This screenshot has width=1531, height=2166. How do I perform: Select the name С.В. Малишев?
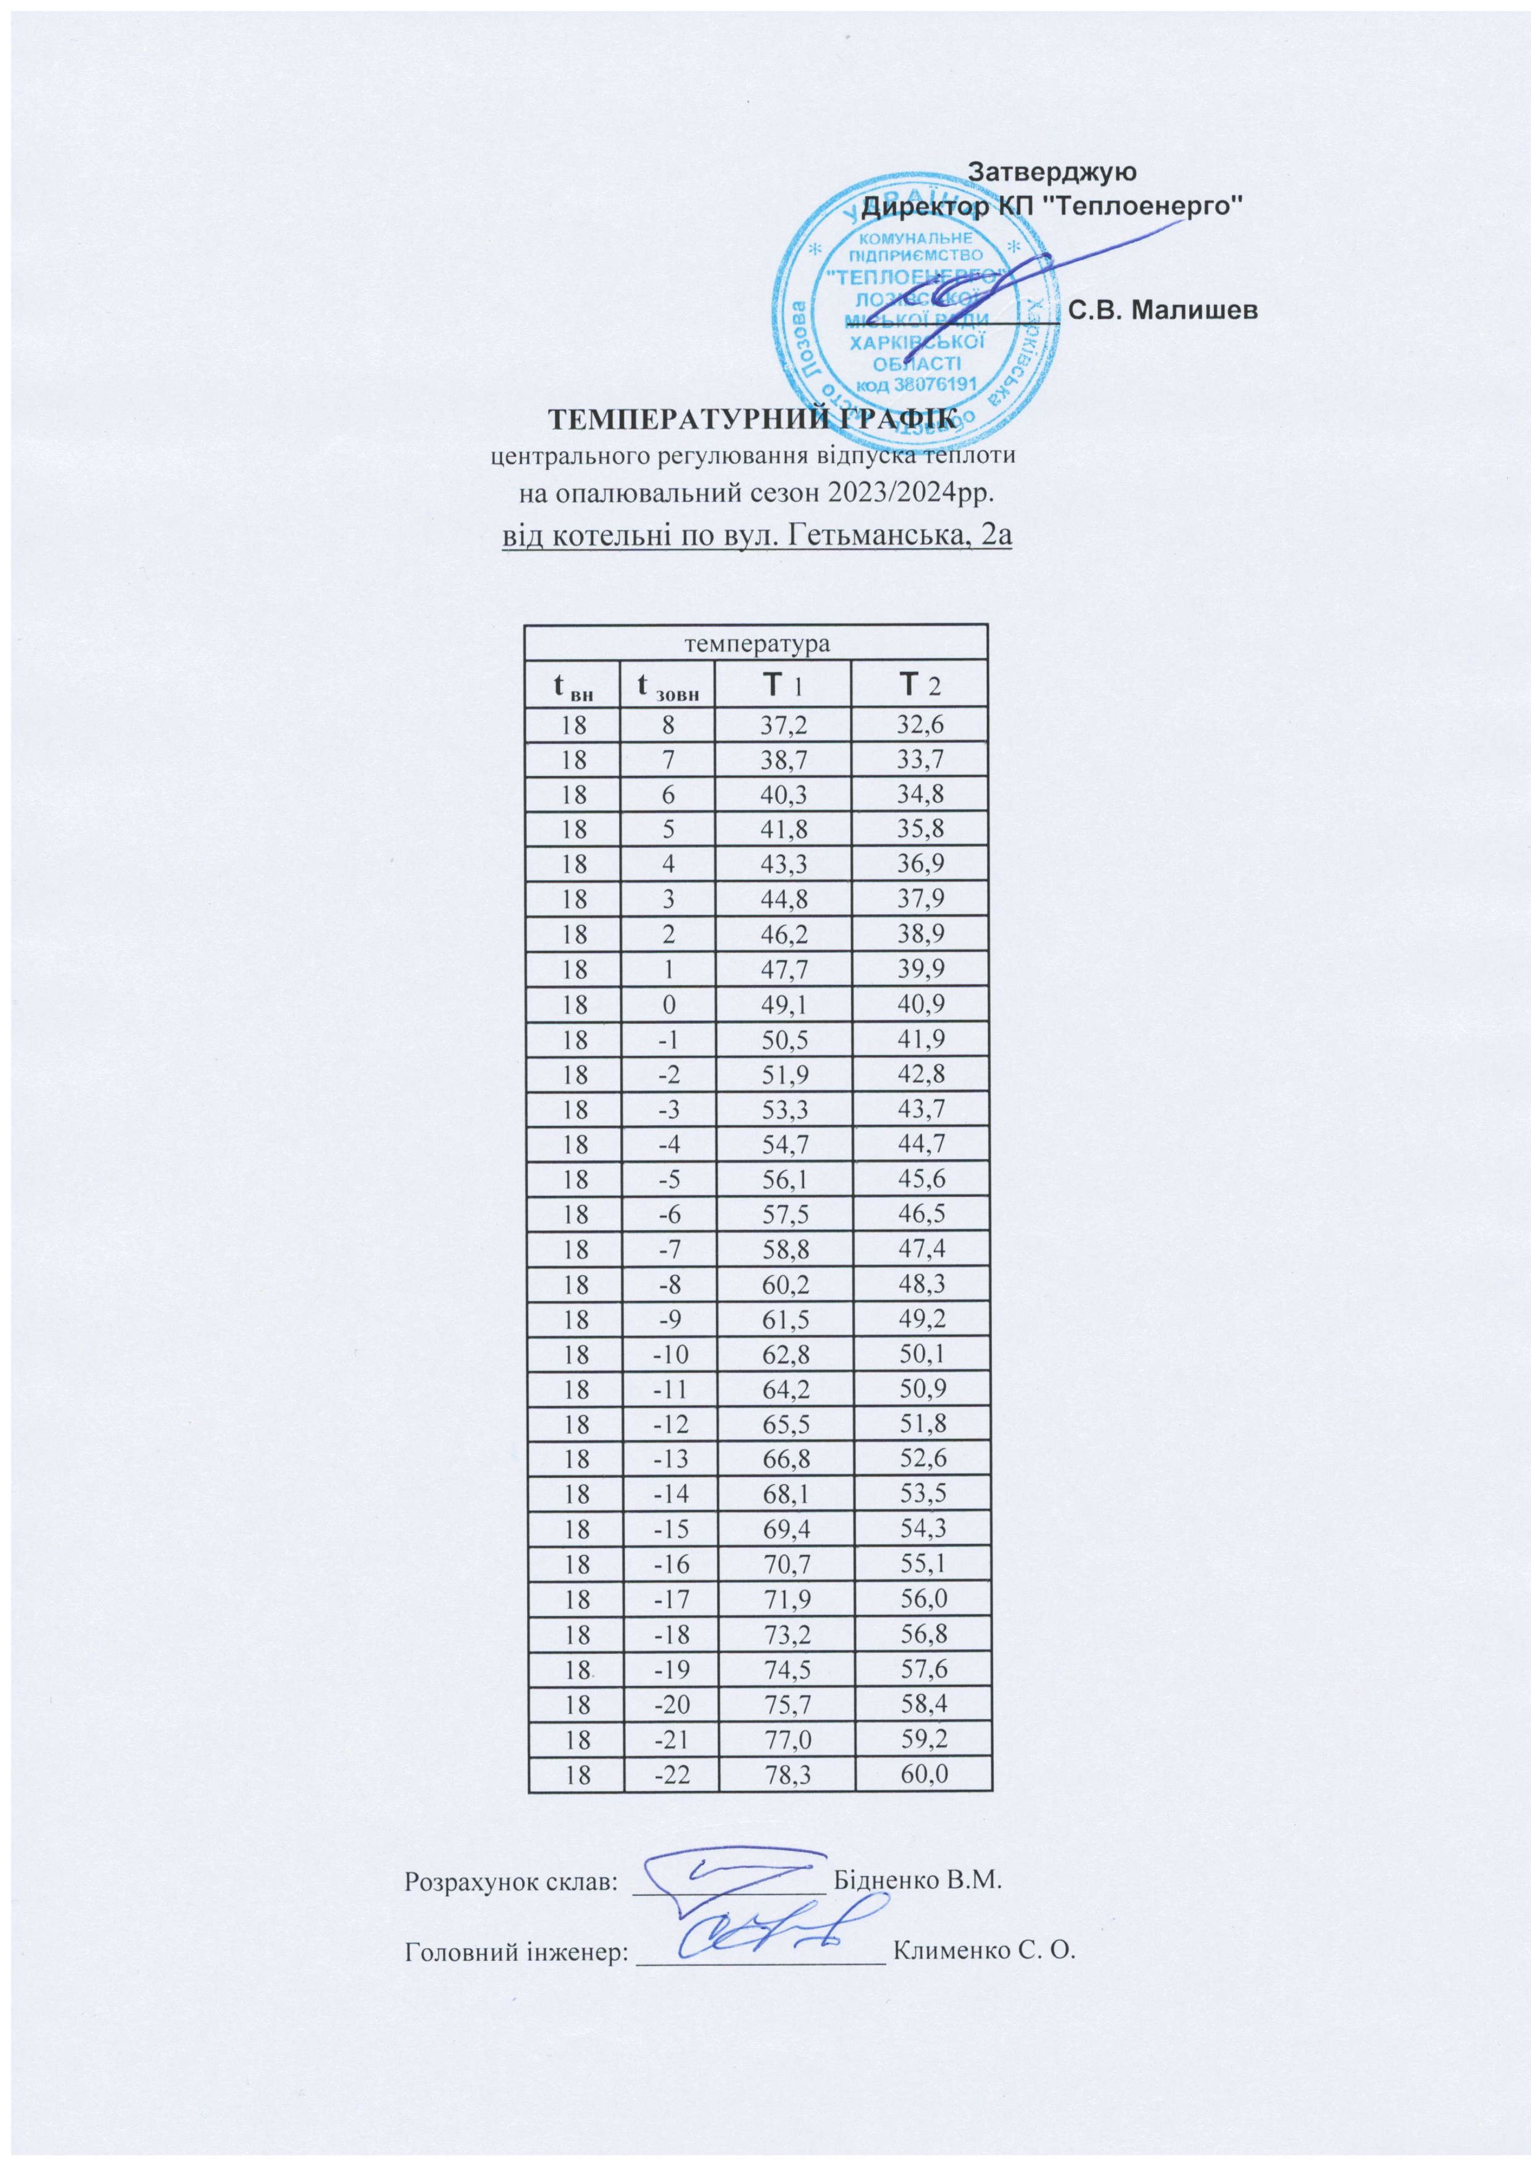pyautogui.click(x=1165, y=310)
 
